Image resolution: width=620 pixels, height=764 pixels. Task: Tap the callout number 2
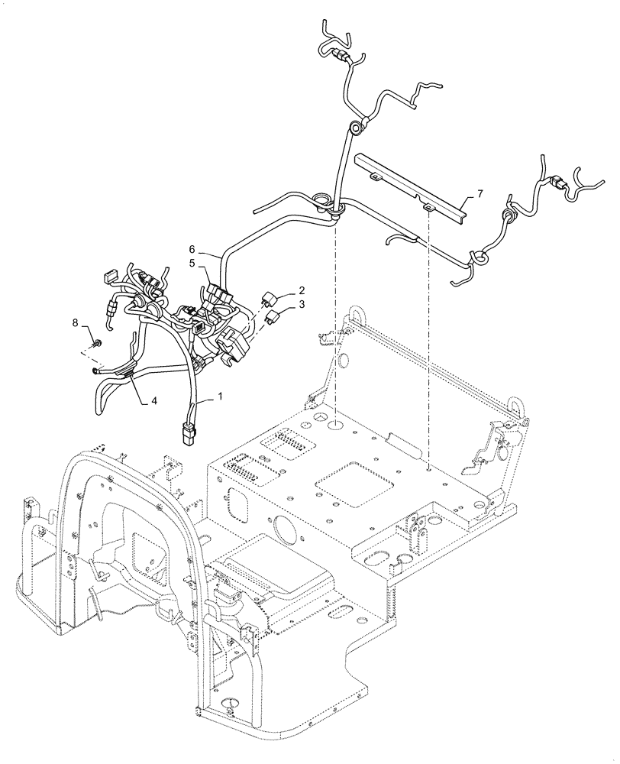[x=302, y=290]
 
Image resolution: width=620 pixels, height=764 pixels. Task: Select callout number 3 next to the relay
[x=302, y=305]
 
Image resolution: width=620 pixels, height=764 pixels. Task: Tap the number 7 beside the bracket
[x=480, y=195]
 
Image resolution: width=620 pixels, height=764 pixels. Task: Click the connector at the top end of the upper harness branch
[x=339, y=54]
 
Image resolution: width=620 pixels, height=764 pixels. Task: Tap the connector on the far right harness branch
[x=557, y=184]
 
